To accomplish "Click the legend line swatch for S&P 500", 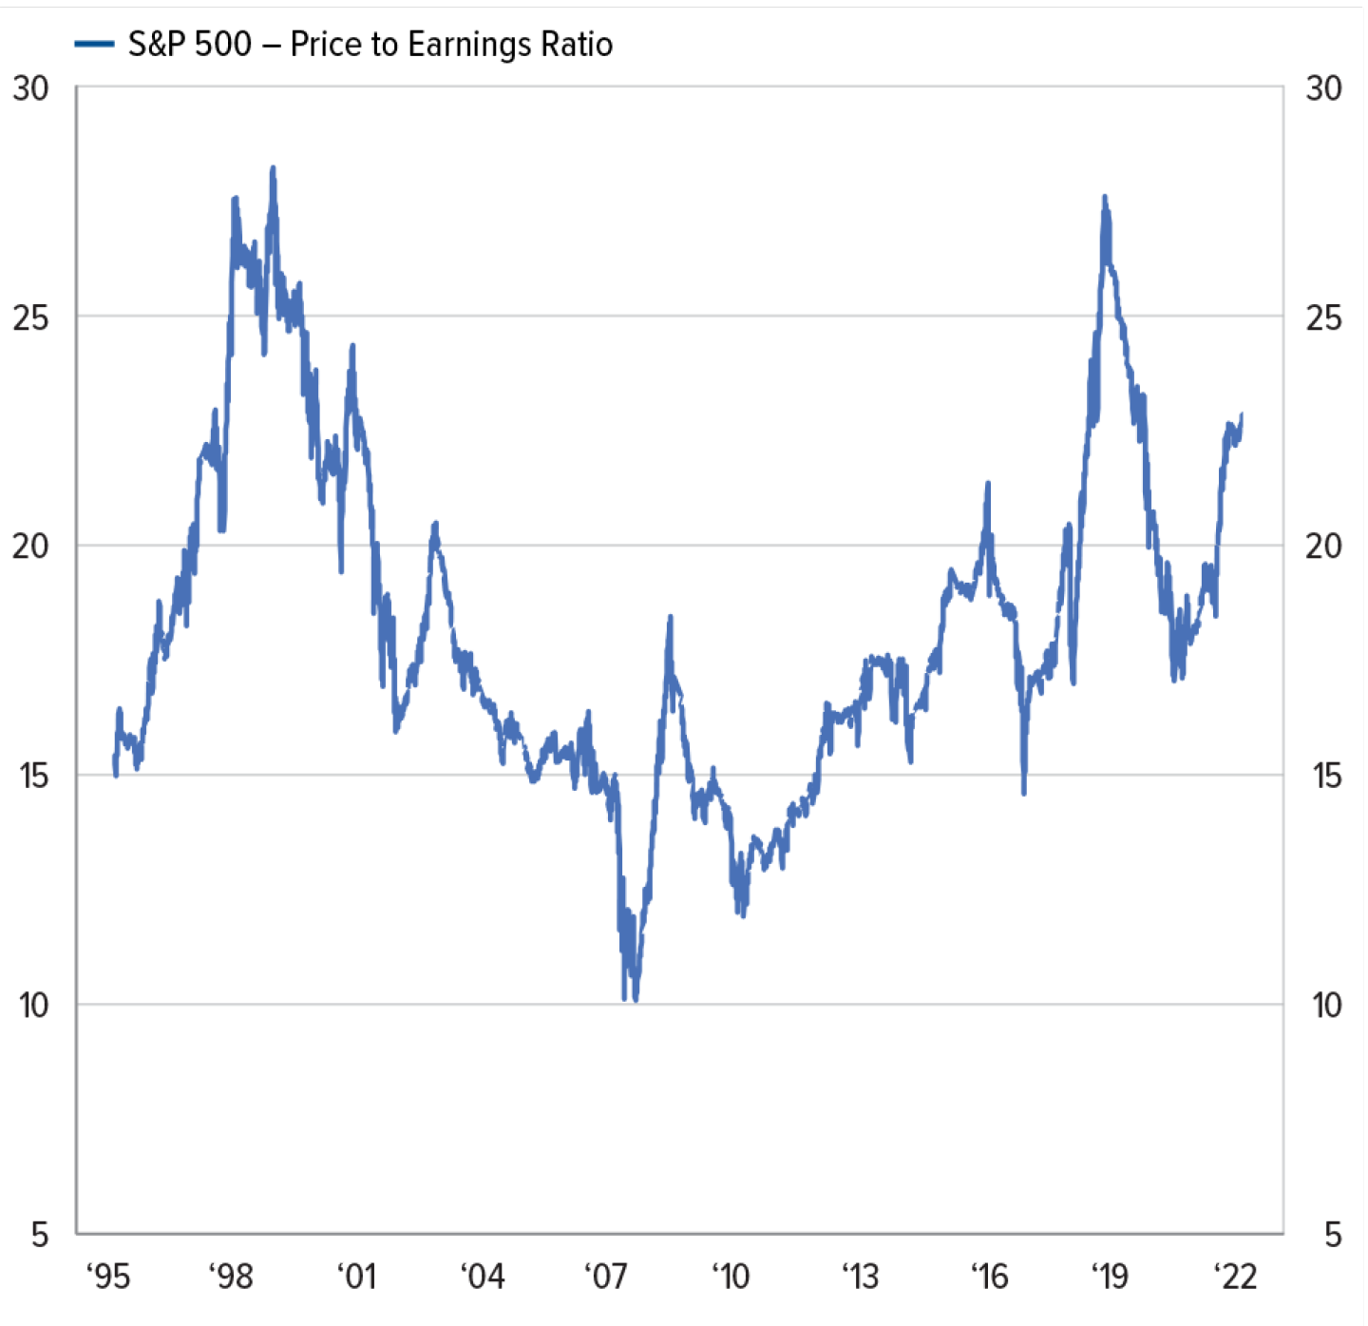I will (94, 44).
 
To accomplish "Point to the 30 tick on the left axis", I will (30, 88).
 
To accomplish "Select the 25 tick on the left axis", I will (30, 317).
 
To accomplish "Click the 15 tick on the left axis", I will (32, 776).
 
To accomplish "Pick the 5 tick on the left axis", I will (39, 1235).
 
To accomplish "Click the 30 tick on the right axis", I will (1323, 88).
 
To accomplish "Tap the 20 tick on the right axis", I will (1323, 547).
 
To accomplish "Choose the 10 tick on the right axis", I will (1326, 1005).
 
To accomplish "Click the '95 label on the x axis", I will (108, 1276).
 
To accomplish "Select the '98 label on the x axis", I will (231, 1276).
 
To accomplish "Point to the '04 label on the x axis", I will (483, 1276).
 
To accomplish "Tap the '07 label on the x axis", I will (606, 1276).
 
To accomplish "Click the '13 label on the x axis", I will (861, 1276).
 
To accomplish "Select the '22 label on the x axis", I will (1236, 1276).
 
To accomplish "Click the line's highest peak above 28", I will (273, 169).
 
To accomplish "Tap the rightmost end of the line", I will (1242, 414).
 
